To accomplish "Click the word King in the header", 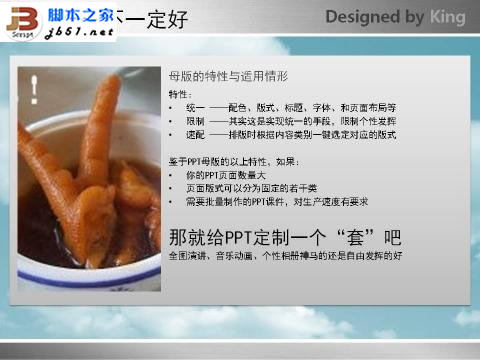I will [x=447, y=17].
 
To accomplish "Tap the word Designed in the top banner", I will [x=361, y=17].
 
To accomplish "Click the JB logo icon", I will [x=22, y=17].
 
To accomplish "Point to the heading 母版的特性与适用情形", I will [x=228, y=76].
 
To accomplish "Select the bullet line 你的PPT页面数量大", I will [x=229, y=175].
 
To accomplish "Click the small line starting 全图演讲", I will [x=284, y=258].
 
